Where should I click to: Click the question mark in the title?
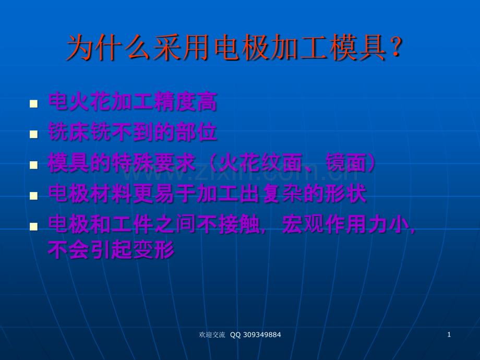(397, 47)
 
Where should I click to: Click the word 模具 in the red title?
(357, 47)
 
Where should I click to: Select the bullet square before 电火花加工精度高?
(34, 104)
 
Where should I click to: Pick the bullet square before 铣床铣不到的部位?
(34, 135)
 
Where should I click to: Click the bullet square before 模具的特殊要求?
(34, 165)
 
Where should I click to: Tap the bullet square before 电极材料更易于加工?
(34, 196)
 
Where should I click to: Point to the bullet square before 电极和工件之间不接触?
(34, 226)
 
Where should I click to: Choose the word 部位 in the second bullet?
(196, 132)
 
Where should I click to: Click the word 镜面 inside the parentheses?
(346, 163)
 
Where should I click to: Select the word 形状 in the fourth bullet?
(345, 193)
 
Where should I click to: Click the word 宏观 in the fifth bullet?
(303, 224)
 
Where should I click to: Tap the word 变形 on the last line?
(154, 249)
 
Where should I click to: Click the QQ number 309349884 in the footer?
(262, 335)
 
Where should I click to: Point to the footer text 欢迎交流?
(212, 335)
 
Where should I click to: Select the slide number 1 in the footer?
(449, 334)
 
